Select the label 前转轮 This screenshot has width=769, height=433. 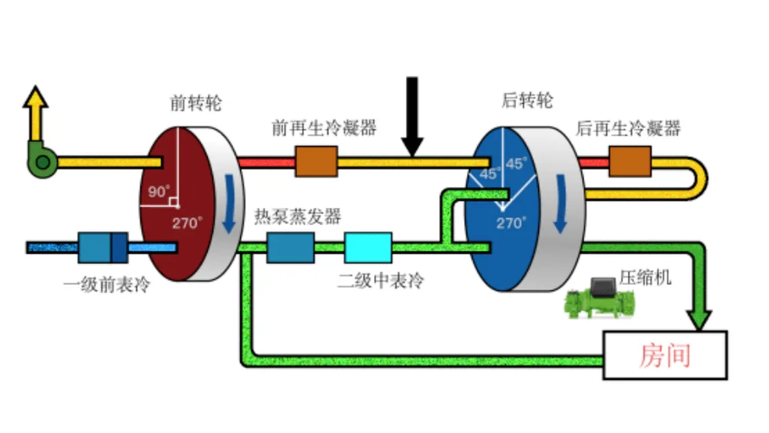[196, 103]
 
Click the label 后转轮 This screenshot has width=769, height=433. [527, 100]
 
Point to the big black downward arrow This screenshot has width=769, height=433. [412, 116]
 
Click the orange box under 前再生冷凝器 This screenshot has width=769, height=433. [316, 161]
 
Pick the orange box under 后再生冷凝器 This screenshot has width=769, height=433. [630, 161]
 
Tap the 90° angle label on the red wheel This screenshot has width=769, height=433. [158, 191]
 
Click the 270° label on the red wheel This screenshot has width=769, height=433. [187, 223]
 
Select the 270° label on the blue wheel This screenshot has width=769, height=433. [511, 223]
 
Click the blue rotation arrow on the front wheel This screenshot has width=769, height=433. [229, 203]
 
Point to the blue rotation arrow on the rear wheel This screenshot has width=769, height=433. [560, 203]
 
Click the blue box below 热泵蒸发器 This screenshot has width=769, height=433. [291, 248]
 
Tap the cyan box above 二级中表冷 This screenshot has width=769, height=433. [368, 248]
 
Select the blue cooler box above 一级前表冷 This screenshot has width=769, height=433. [103, 248]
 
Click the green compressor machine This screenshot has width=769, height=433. [600, 298]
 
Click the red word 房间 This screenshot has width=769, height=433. [665, 356]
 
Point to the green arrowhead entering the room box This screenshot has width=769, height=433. [700, 320]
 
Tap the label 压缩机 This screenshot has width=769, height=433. [645, 277]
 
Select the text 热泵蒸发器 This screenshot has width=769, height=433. [298, 216]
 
